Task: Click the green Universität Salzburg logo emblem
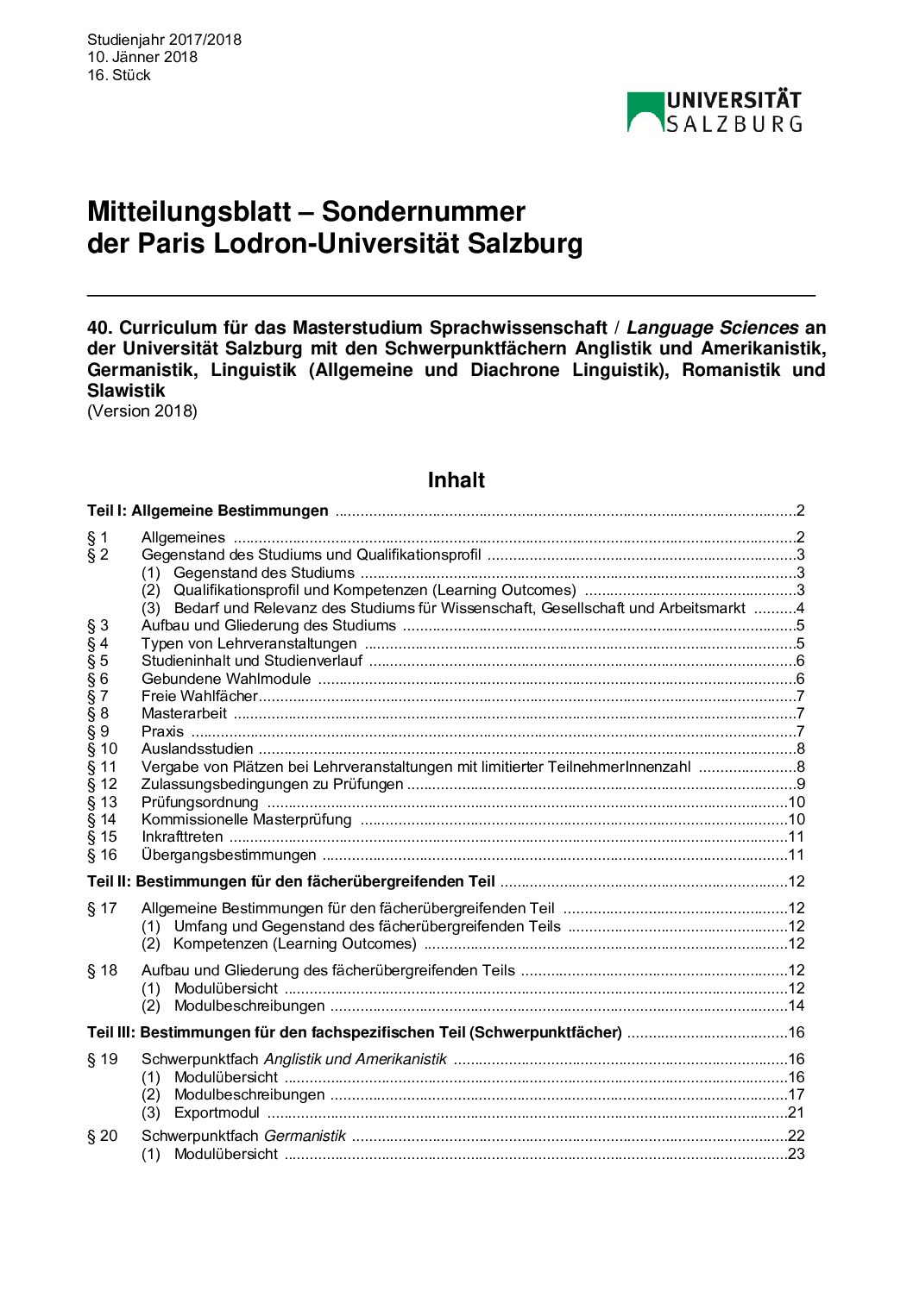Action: click(x=645, y=111)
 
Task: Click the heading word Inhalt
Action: click(x=456, y=480)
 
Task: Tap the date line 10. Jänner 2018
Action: click(x=142, y=57)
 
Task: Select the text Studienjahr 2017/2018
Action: click(x=164, y=40)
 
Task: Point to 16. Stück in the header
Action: click(x=119, y=75)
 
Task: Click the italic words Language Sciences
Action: click(x=712, y=329)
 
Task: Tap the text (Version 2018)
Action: click(x=142, y=411)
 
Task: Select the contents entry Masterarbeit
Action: click(x=184, y=713)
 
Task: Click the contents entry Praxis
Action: click(x=162, y=731)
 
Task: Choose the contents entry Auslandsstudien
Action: click(x=197, y=749)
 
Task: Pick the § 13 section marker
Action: click(x=102, y=802)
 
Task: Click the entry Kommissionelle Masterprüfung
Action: click(x=246, y=819)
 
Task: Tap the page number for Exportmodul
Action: click(x=796, y=1112)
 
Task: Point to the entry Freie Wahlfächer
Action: click(x=199, y=696)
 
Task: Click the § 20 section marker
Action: click(x=102, y=1136)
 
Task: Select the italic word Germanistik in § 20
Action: click(x=305, y=1136)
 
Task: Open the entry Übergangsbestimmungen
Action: click(x=229, y=855)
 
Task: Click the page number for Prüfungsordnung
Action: click(x=796, y=802)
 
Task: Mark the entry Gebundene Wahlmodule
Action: click(x=225, y=679)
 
